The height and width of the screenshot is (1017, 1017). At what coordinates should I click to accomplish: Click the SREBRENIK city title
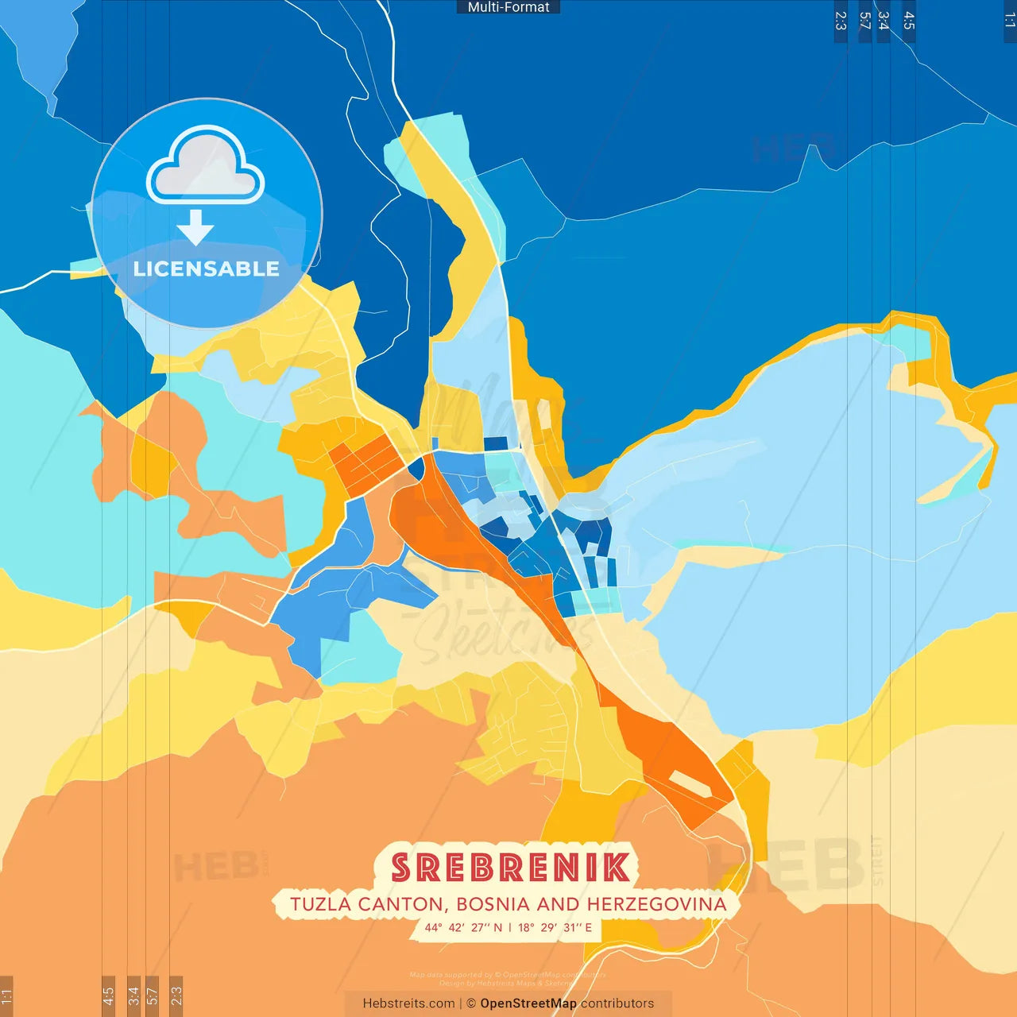[510, 867]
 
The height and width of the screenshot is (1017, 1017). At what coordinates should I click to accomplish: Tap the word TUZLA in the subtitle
[321, 904]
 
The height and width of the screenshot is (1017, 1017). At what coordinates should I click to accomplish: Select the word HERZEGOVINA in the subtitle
[656, 904]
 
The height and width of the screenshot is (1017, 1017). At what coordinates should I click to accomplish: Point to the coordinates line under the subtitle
[508, 927]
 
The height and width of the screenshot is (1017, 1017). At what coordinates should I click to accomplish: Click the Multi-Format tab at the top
[508, 7]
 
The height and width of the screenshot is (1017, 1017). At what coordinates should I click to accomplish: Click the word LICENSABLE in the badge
[206, 269]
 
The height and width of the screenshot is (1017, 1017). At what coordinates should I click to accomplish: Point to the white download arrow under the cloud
[195, 227]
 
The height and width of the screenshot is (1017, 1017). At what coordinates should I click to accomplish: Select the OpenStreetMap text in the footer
[528, 1003]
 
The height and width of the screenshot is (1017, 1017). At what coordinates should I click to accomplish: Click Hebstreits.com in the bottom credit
[408, 1003]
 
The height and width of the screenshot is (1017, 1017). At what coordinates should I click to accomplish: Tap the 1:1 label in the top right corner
[1009, 21]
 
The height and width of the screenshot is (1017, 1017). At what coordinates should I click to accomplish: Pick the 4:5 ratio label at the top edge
[909, 21]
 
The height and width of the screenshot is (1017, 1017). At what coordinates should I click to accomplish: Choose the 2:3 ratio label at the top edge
[841, 21]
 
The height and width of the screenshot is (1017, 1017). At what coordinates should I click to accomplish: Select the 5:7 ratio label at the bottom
[153, 995]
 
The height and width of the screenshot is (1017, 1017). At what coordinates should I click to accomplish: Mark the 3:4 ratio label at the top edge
[884, 21]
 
